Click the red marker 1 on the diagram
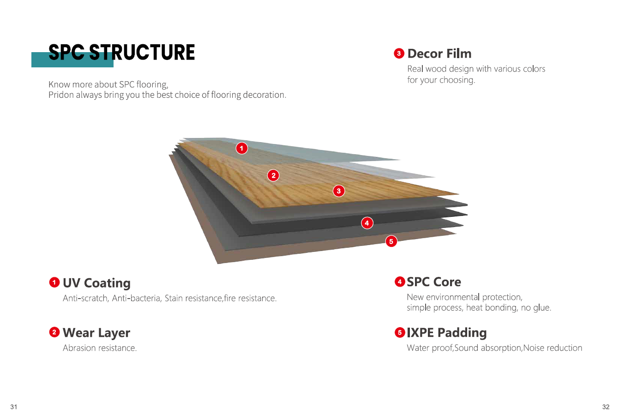tap(242, 148)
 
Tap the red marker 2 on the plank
tap(274, 175)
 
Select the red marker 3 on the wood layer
tap(339, 191)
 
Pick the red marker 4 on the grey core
tap(367, 223)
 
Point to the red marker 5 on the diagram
tap(391, 241)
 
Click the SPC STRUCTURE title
tap(121, 53)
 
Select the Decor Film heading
tap(439, 54)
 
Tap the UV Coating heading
tap(96, 283)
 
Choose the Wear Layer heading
tap(96, 333)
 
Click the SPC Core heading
tap(434, 282)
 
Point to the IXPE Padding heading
tap(446, 333)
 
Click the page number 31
tap(14, 407)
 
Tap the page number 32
tap(606, 407)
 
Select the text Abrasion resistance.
tap(100, 348)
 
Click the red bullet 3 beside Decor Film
tap(399, 54)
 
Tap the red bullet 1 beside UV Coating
tap(54, 282)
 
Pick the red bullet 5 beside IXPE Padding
tap(400, 332)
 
